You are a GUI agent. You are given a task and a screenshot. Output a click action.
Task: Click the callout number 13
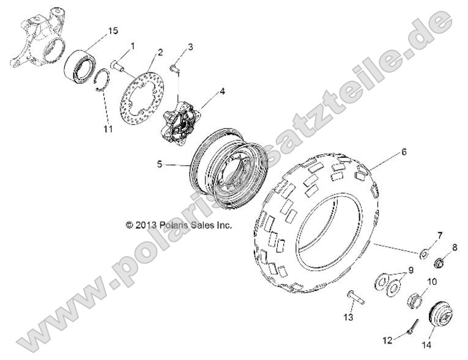[349, 317]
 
